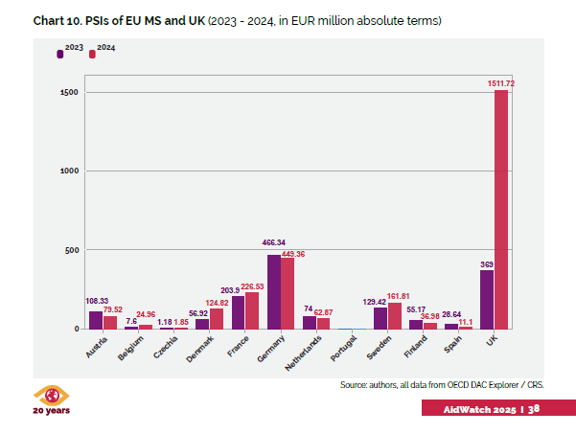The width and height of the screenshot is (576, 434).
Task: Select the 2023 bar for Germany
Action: click(x=274, y=291)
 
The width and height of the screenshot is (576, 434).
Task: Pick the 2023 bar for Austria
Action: click(x=96, y=320)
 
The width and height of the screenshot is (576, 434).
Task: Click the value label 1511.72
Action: click(x=499, y=84)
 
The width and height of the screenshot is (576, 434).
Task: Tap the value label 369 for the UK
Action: click(x=486, y=263)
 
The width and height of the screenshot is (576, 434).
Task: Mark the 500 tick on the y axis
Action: click(x=69, y=250)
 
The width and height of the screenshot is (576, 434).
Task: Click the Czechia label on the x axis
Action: click(x=165, y=347)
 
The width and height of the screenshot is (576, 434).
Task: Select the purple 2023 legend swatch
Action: click(x=60, y=55)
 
